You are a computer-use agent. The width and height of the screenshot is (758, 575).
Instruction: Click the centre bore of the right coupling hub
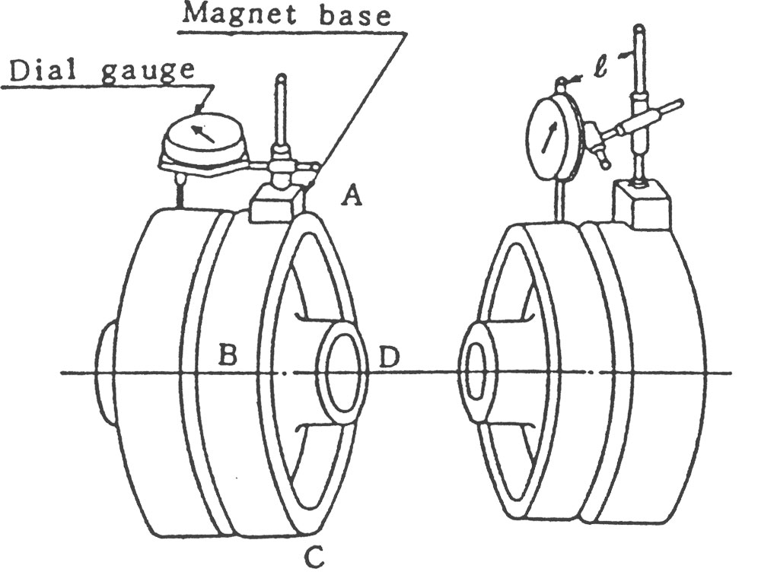pos(475,373)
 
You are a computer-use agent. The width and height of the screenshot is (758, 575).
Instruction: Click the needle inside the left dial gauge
pos(203,135)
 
